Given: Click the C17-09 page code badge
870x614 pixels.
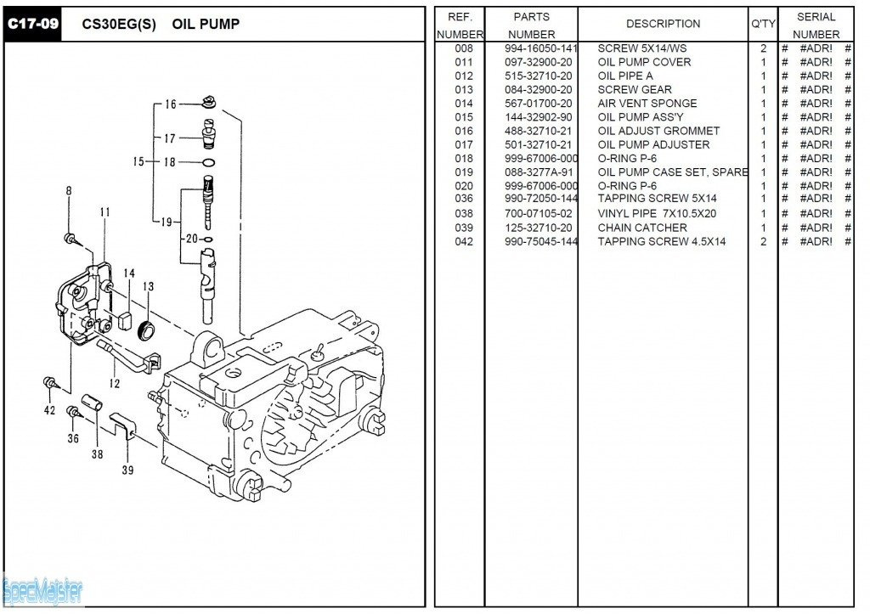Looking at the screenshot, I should click(x=32, y=24).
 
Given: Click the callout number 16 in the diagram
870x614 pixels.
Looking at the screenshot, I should click(x=171, y=104).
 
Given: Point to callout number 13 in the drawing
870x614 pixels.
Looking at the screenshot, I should click(x=148, y=287).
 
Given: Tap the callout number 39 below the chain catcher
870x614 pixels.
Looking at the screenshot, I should click(x=127, y=470).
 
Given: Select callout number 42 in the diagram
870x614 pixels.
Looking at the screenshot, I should click(x=49, y=410).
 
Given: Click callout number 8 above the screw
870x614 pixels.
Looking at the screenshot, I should click(x=69, y=191).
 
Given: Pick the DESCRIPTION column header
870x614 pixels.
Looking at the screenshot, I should click(x=663, y=24).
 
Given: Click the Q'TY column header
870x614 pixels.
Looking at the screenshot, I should click(x=762, y=24).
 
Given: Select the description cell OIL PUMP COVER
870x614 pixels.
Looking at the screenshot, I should click(x=644, y=62).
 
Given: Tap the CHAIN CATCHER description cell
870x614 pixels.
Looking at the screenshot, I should click(x=642, y=228).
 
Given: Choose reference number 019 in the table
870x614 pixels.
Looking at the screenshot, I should click(x=463, y=172).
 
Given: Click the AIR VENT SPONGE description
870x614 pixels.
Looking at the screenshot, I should click(x=647, y=104).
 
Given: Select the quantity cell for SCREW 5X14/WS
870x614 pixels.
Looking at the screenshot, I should click(x=763, y=48).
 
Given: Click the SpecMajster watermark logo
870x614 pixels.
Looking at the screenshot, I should click(x=42, y=588).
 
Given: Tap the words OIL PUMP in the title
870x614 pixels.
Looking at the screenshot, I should click(x=206, y=24).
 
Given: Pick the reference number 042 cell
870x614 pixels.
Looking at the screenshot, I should click(x=463, y=242).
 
